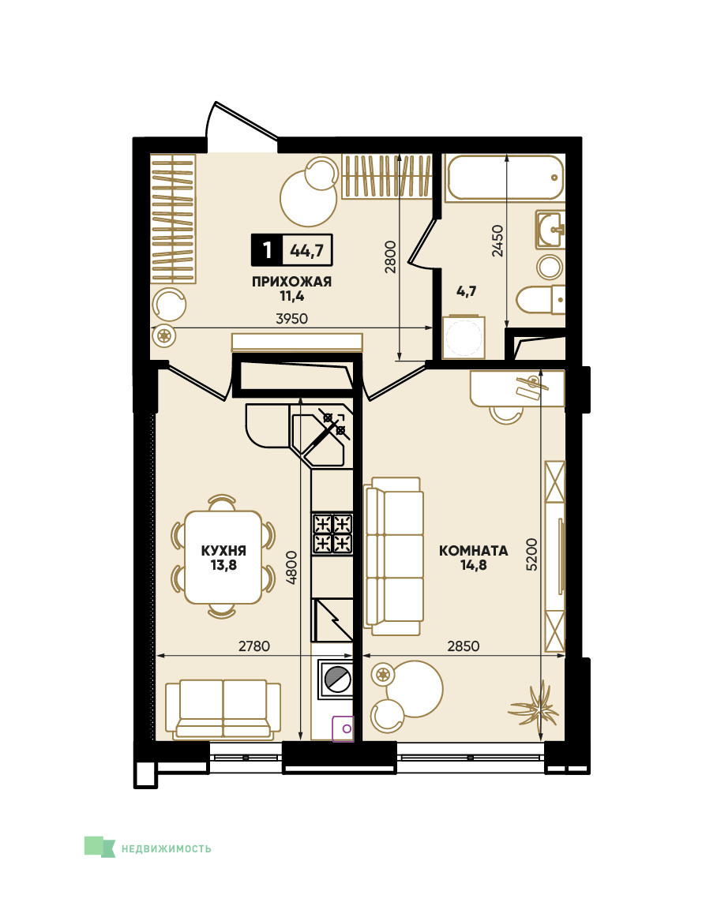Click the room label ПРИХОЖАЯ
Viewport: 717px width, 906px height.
tap(291, 282)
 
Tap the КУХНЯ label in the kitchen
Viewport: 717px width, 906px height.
tap(223, 551)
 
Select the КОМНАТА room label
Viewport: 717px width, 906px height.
tap(474, 551)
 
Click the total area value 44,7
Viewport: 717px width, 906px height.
tap(307, 251)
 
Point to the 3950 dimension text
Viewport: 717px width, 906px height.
tap(292, 319)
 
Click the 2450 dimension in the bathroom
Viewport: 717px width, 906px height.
tap(497, 241)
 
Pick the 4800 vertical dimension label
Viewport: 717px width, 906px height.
tap(291, 567)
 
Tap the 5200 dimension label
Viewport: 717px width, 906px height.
tap(531, 555)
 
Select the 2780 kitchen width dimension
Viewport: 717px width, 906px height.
tap(254, 646)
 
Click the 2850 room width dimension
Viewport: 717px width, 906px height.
tap(464, 646)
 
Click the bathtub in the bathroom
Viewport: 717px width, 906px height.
tap(505, 178)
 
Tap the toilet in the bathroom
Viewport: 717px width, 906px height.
tap(541, 300)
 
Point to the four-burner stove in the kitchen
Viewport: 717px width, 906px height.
tap(332, 533)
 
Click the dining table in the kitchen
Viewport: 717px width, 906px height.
tap(223, 557)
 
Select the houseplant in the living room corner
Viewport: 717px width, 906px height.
tap(534, 703)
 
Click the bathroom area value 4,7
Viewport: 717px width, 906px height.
tap(467, 291)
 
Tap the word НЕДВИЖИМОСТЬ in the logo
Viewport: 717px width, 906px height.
tap(167, 849)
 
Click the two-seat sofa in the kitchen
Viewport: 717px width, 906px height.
tap(223, 709)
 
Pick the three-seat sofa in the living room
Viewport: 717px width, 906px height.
tap(394, 556)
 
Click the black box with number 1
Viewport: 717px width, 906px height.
tap(267, 250)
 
